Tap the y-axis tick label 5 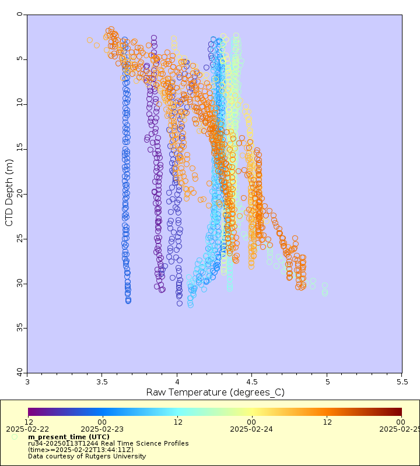[x=20, y=59]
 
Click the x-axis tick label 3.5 [x=102, y=382]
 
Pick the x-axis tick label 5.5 [x=401, y=382]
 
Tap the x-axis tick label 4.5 [x=252, y=382]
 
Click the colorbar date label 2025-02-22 [x=28, y=429]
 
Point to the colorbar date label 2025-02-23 [x=103, y=429]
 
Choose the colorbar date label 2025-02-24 [x=252, y=429]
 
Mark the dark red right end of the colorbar [x=399, y=412]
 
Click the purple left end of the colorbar [x=31, y=412]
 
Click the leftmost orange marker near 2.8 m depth [x=90, y=40]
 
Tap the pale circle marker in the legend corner [x=15, y=436]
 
